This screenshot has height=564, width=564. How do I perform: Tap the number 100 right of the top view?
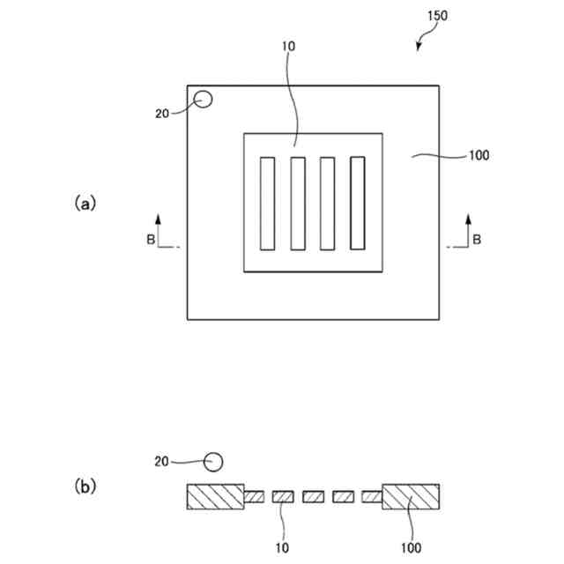coord(477,156)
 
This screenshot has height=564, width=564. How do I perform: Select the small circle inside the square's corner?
coord(204,100)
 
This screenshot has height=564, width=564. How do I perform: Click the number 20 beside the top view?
coord(161,113)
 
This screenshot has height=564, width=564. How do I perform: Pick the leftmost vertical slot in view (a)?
coord(267,203)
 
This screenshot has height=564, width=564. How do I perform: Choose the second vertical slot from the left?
coord(298,203)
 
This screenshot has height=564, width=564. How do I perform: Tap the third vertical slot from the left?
coord(327,203)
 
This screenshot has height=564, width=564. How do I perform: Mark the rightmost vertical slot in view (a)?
coord(357,203)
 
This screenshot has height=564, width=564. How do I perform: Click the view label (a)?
coord(85,203)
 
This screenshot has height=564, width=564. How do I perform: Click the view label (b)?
coord(85,486)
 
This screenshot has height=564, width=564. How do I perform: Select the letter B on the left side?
coord(151,239)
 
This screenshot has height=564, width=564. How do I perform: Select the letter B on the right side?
coord(477,239)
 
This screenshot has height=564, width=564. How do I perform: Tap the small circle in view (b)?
coord(213,460)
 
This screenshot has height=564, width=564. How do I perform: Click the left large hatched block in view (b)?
coord(215,497)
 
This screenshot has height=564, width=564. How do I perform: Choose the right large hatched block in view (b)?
coord(410,497)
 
